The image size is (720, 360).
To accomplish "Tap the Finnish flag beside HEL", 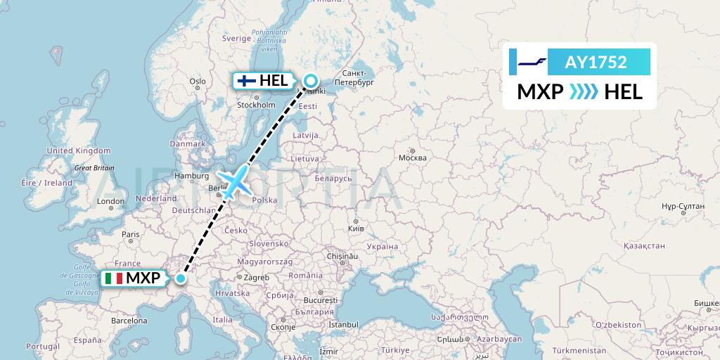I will pyautogui.click(x=246, y=81).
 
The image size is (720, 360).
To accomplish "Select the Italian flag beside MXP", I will pyautogui.click(x=114, y=278).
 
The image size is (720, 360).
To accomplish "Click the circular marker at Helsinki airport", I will pyautogui.click(x=309, y=81).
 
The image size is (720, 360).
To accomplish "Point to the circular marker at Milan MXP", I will pyautogui.click(x=181, y=278).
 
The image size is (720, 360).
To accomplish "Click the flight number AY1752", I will pyautogui.click(x=596, y=63).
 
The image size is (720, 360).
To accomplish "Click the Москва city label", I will pyautogui.click(x=413, y=157).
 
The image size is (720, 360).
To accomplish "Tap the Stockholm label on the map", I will pyautogui.click(x=256, y=105).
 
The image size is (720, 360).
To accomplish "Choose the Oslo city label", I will pyautogui.click(x=198, y=82).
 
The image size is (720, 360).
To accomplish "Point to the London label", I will pyautogui.click(x=110, y=202).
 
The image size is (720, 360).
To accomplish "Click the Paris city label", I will pyautogui.click(x=130, y=234).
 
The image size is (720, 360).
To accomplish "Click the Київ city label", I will pyautogui.click(x=356, y=229).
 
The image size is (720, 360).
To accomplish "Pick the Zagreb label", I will pyautogui.click(x=257, y=278).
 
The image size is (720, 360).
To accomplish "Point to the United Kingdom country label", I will pyautogui.click(x=79, y=150).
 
